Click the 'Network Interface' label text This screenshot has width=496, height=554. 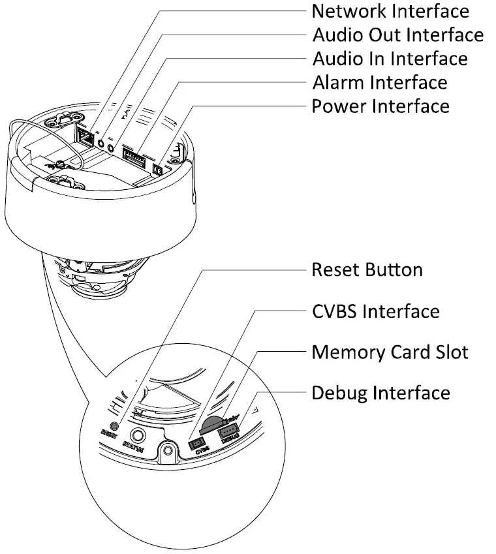click(x=390, y=11)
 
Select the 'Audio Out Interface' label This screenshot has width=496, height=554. click(x=397, y=35)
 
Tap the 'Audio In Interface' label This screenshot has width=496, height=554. click(x=390, y=58)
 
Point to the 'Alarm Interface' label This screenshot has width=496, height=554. click(x=379, y=82)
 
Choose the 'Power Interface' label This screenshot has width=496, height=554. click(x=380, y=106)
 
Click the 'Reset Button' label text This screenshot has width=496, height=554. click(x=367, y=269)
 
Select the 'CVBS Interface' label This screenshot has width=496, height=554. click(x=375, y=311)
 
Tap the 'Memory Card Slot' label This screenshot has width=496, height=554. click(x=390, y=352)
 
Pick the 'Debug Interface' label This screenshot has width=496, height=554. click(x=380, y=393)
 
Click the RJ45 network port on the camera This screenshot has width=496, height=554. click(x=85, y=135)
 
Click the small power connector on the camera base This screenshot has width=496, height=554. click(x=157, y=169)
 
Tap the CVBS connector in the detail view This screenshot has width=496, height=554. click(x=198, y=444)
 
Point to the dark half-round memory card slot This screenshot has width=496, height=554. click(x=211, y=423)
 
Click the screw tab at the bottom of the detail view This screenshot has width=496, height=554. click(x=168, y=451)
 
